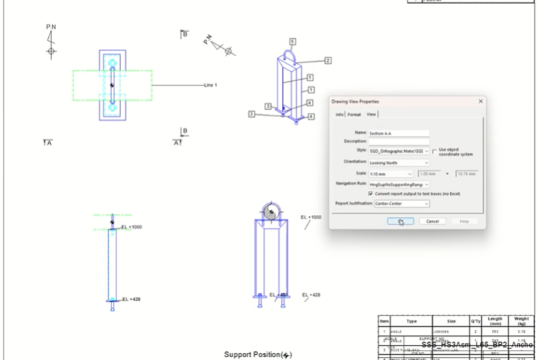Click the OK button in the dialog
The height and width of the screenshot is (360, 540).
pyautogui.click(x=399, y=221)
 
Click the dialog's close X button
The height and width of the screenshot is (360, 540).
pyautogui.click(x=480, y=101)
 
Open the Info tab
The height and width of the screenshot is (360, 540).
pyautogui.click(x=339, y=114)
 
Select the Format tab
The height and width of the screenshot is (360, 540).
pyautogui.click(x=354, y=114)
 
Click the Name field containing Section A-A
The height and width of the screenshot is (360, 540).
pyautogui.click(x=398, y=133)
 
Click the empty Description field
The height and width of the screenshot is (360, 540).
pyautogui.click(x=398, y=142)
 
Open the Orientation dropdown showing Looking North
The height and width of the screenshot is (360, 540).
pyautogui.click(x=398, y=162)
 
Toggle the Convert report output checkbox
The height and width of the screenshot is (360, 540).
pyautogui.click(x=370, y=193)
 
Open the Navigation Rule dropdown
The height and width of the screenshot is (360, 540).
pyautogui.click(x=398, y=184)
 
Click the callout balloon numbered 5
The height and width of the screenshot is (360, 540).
pyautogui.click(x=293, y=41)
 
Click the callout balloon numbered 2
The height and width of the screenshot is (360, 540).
pyautogui.click(x=327, y=60)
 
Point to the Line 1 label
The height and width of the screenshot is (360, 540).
pyautogui.click(x=210, y=85)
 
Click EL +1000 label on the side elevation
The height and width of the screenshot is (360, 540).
pyautogui.click(x=132, y=227)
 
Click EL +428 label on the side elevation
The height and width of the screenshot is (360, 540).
pyautogui.click(x=131, y=299)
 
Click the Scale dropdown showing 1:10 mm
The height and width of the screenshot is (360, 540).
pyautogui.click(x=390, y=173)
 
